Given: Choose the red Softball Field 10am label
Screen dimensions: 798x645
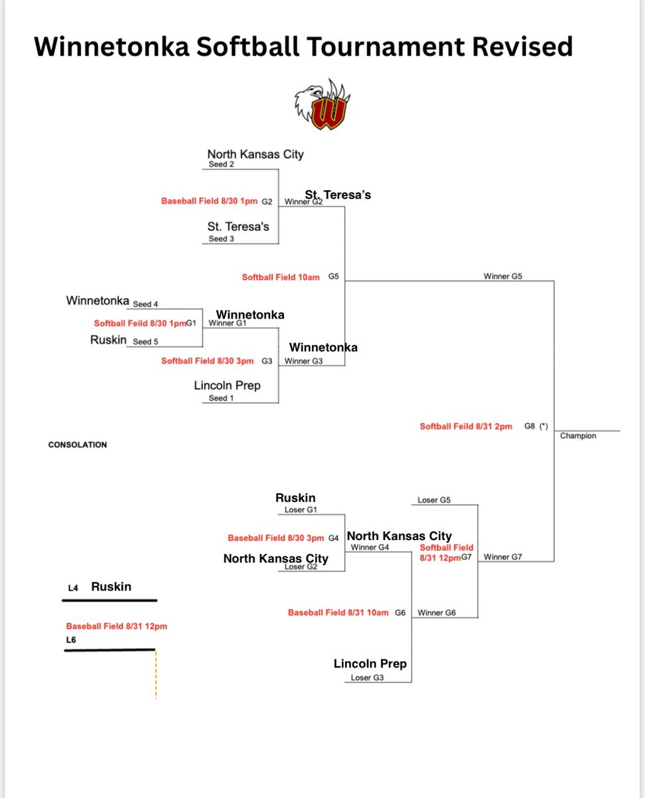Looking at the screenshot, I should pos(281,277).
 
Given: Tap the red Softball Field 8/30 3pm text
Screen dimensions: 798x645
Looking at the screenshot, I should pos(207,361).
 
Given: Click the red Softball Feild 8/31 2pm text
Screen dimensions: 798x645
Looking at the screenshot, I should pos(465,426).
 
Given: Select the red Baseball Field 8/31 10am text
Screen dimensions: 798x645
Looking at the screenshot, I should pos(338,612).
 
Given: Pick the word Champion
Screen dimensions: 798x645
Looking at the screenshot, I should pos(578,436).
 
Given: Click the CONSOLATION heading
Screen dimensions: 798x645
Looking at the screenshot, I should pos(77,444).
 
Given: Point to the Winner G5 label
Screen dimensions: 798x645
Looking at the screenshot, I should pos(503,276).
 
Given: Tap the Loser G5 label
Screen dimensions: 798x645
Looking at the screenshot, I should pos(434,500).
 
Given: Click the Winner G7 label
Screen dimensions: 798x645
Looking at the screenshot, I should pos(503,557).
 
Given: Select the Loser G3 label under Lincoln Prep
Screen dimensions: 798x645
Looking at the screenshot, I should pos(368,678).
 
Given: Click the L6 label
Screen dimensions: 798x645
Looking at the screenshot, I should pos(71,640).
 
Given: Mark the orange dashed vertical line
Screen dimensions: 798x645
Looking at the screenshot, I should pos(156,674).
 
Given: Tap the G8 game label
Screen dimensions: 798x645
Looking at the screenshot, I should pos(529,426).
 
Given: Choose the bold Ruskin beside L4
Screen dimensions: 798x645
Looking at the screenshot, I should pos(111,587).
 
